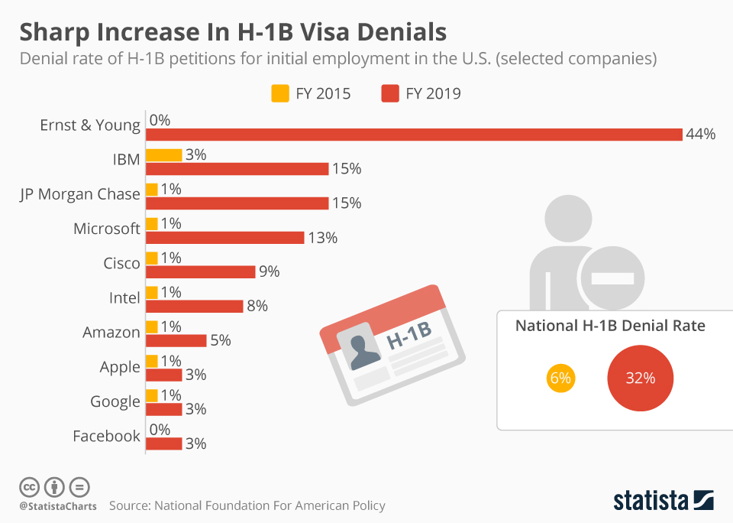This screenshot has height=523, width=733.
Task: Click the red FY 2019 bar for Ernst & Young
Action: pyautogui.click(x=413, y=135)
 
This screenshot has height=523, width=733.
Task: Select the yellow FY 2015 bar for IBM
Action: pyautogui.click(x=163, y=155)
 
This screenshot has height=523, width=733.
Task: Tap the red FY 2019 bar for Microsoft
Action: pyautogui.click(x=224, y=238)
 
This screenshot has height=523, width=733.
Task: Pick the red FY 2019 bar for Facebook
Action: pyautogui.click(x=163, y=443)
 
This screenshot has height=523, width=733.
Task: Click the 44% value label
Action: pyautogui.click(x=700, y=135)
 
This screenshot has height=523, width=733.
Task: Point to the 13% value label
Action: pyautogui.click(x=323, y=238)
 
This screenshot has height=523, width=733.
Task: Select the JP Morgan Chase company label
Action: pyautogui.click(x=80, y=194)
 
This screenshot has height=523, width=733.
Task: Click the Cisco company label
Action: pyautogui.click(x=121, y=263)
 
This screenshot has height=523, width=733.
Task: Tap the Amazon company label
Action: pyautogui.click(x=111, y=333)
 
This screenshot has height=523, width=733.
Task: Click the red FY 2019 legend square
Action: pyautogui.click(x=389, y=94)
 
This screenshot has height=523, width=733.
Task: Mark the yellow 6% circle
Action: pyautogui.click(x=560, y=378)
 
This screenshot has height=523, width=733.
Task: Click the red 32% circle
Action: pyautogui.click(x=640, y=378)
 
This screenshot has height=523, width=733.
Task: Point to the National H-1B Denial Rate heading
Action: pyautogui.click(x=609, y=326)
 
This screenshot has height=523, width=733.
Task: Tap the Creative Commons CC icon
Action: pyautogui.click(x=29, y=486)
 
